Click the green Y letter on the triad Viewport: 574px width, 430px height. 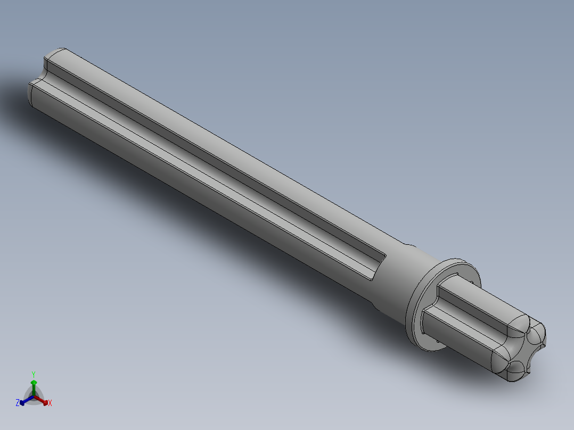(x=33, y=374)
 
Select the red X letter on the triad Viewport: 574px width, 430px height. (x=50, y=403)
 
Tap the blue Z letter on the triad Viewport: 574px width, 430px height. (x=18, y=403)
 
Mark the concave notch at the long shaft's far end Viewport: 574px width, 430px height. (x=40, y=75)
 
